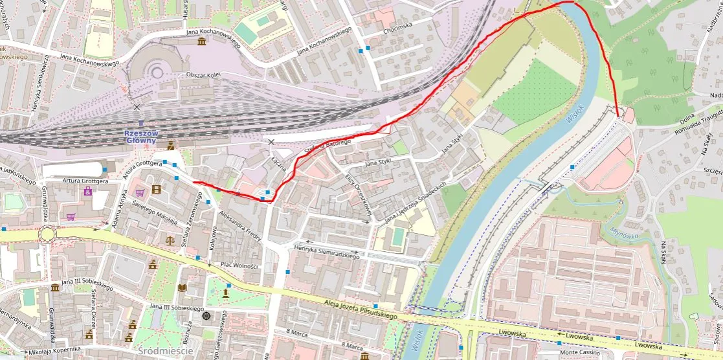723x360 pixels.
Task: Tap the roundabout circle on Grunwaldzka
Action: (x=47, y=234)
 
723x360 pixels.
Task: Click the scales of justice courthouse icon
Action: (x=170, y=240)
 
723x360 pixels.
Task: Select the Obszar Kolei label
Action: (x=203, y=75)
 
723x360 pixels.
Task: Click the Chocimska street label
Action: (x=397, y=27)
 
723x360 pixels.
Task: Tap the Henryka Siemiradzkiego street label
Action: (x=326, y=252)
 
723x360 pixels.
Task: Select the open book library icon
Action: (x=182, y=287)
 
